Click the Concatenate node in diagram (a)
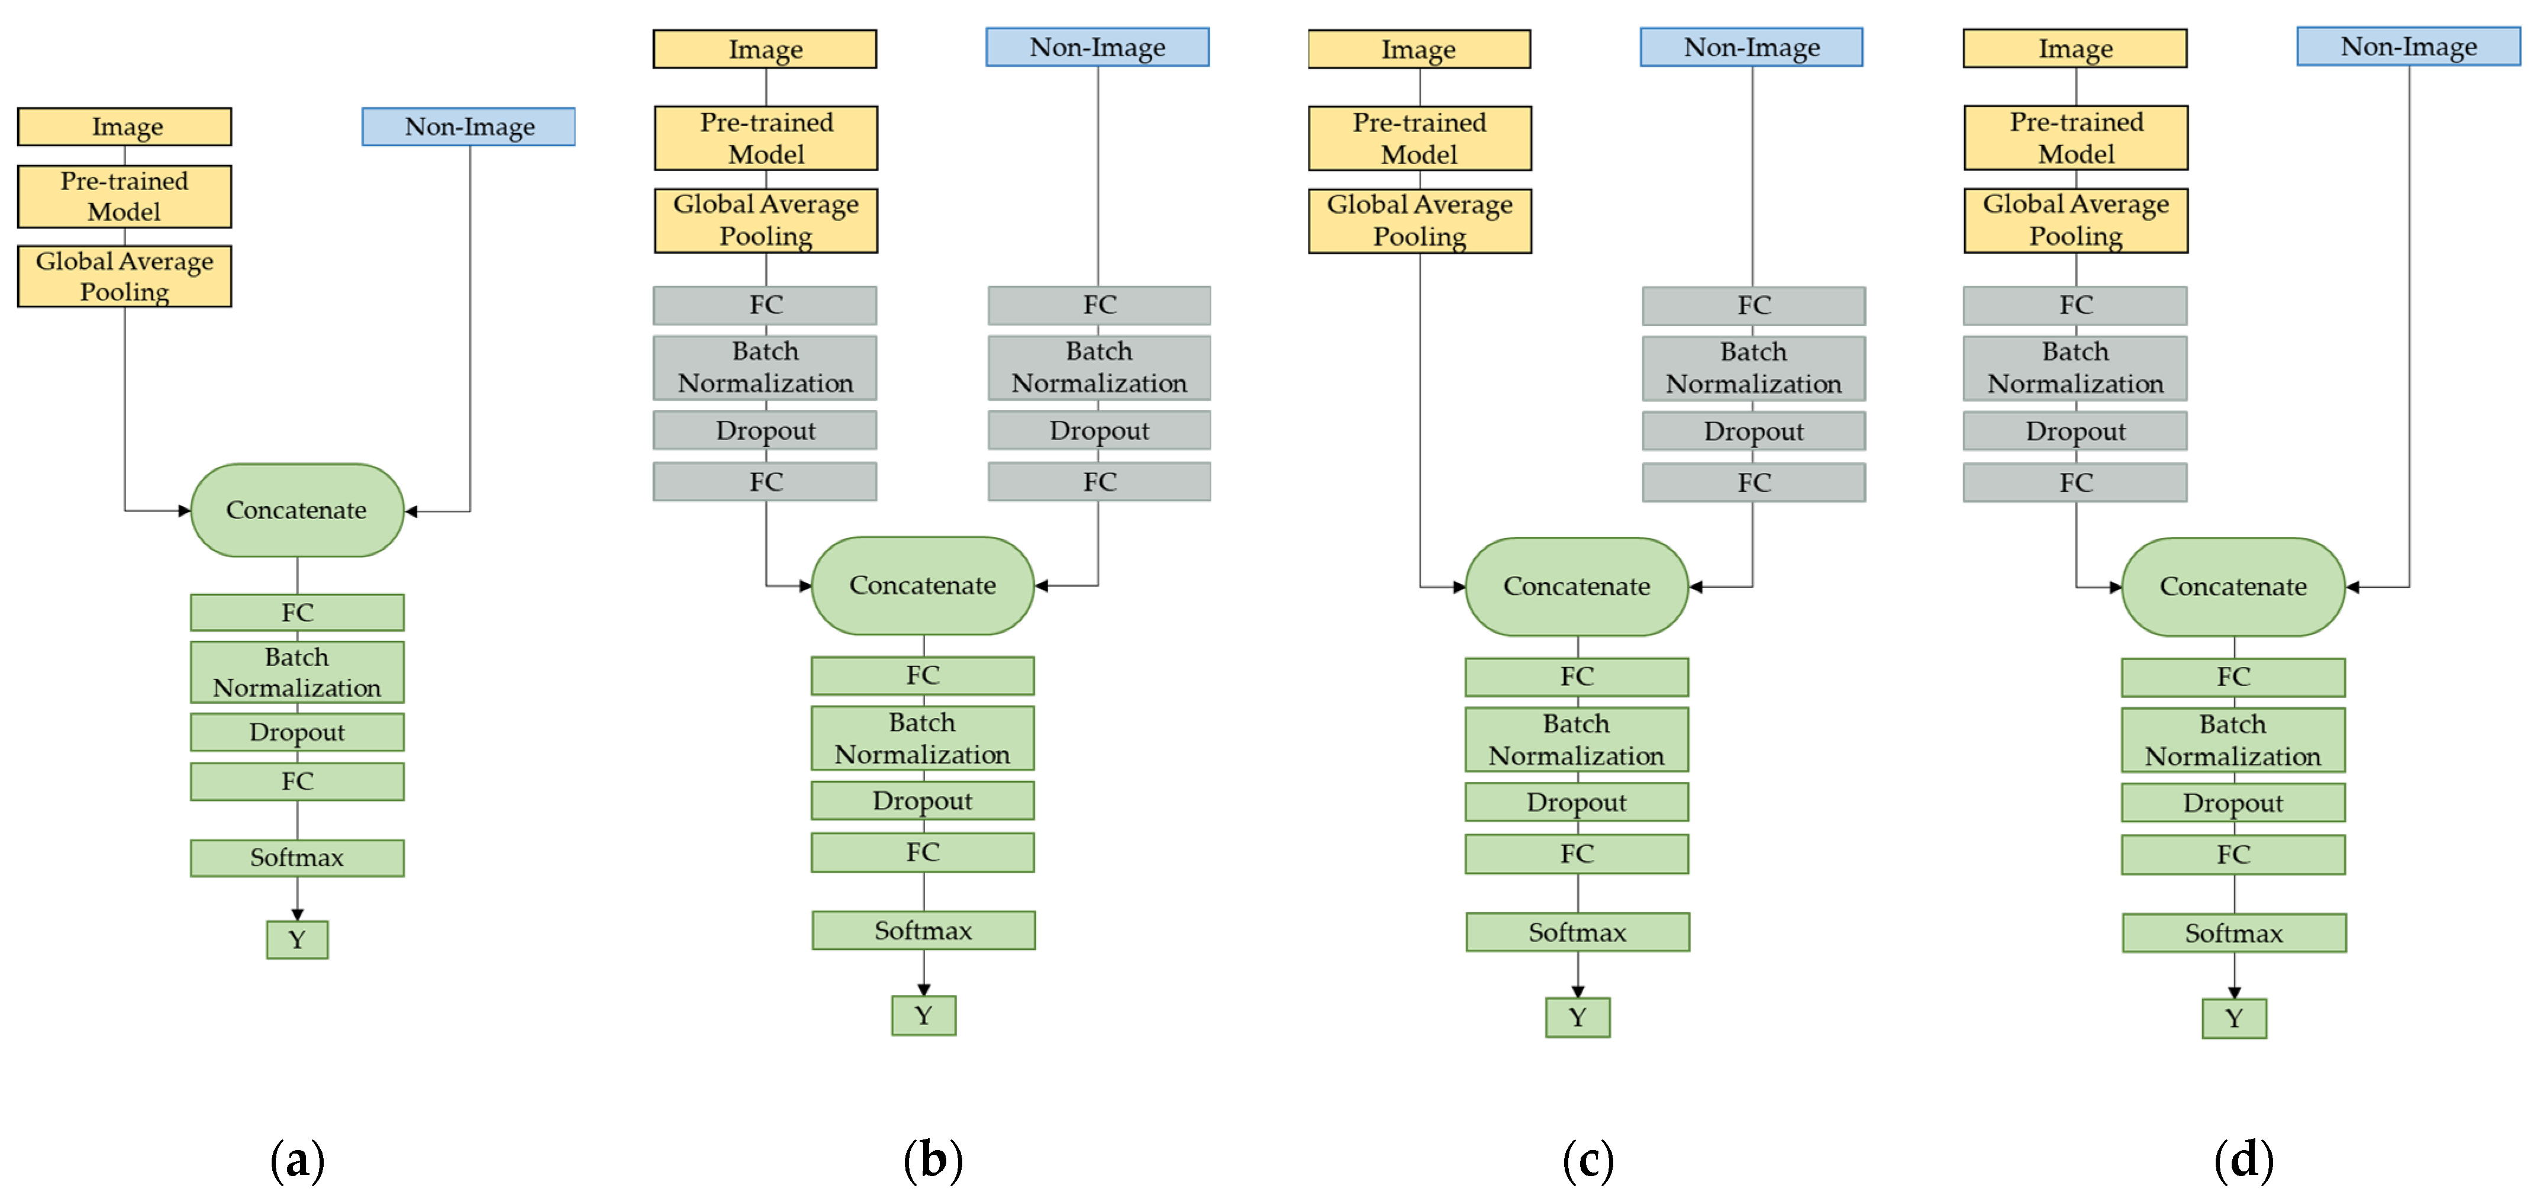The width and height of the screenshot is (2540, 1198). [x=297, y=510]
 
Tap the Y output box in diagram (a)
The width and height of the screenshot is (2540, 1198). [x=297, y=940]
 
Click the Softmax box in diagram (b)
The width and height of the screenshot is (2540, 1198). [x=923, y=930]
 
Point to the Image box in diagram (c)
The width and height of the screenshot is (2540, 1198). [x=1419, y=49]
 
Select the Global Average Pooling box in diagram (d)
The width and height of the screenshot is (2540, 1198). [x=2075, y=220]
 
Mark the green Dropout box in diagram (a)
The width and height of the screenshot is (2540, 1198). [x=297, y=732]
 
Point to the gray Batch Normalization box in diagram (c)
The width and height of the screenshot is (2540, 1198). [x=1753, y=368]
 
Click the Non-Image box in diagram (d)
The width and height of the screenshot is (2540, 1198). [x=2408, y=46]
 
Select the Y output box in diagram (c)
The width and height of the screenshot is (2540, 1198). [x=1578, y=1016]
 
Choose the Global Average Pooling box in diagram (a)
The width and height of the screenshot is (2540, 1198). [x=124, y=276]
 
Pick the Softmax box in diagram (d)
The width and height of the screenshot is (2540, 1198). [x=2233, y=933]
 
